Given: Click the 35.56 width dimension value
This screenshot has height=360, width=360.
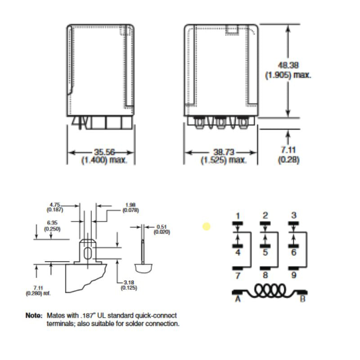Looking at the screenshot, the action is click(x=104, y=152).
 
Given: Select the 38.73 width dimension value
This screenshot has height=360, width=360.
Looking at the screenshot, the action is click(x=224, y=152).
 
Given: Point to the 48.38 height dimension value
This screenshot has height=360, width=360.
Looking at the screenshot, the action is click(x=288, y=65).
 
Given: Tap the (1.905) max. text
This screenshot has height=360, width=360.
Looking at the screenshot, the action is click(x=288, y=75).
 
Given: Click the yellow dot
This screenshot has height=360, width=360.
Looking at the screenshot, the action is click(x=207, y=226).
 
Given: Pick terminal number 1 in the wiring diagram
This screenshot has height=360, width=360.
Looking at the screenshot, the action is click(x=238, y=216).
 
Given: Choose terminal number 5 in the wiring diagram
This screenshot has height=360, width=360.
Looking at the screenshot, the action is click(x=265, y=252).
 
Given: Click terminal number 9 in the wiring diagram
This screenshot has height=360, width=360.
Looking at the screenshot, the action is click(x=294, y=275).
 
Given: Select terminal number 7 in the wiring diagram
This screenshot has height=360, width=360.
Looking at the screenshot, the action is click(x=238, y=275).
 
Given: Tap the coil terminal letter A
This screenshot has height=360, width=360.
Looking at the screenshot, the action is click(x=238, y=299).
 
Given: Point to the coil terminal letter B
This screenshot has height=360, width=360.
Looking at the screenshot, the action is click(x=303, y=299).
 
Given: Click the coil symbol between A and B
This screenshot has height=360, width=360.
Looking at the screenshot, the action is click(x=270, y=291).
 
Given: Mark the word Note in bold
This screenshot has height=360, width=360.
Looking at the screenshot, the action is click(x=34, y=315).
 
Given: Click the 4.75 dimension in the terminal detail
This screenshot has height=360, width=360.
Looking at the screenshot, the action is click(x=55, y=205).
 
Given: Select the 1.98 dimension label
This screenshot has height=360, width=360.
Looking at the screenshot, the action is click(x=130, y=205).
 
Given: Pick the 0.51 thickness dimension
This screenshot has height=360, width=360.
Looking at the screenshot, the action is click(x=162, y=227).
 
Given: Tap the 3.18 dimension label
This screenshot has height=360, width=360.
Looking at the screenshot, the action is click(x=129, y=283).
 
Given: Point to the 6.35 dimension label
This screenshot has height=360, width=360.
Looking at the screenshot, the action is click(x=52, y=223).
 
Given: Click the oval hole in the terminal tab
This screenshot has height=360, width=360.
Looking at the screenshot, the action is click(x=87, y=253).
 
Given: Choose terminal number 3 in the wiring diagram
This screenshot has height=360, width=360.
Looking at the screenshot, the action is click(x=294, y=216).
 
